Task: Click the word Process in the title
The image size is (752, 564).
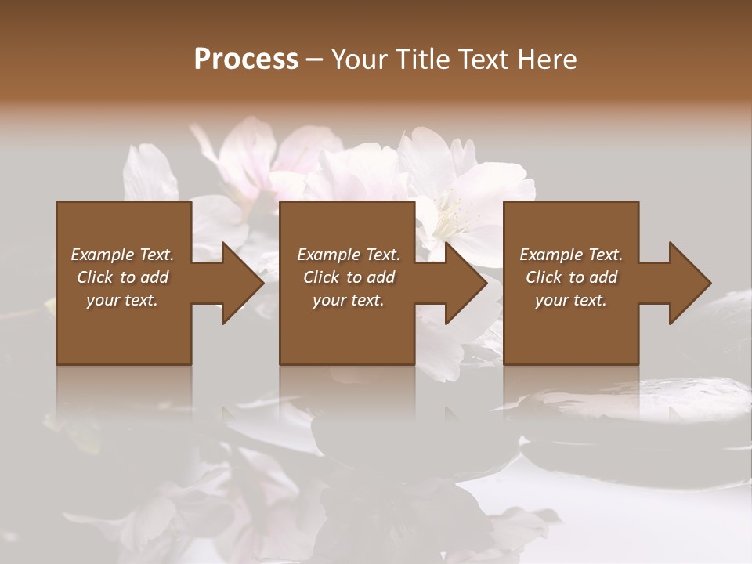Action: (x=246, y=60)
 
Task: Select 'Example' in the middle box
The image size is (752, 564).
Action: (x=329, y=255)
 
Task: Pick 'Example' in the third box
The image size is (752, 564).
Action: (x=551, y=255)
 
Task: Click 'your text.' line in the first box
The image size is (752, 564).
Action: (x=122, y=300)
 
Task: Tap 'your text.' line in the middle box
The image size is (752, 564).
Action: (x=348, y=300)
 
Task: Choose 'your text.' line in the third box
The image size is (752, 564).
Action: (x=570, y=300)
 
